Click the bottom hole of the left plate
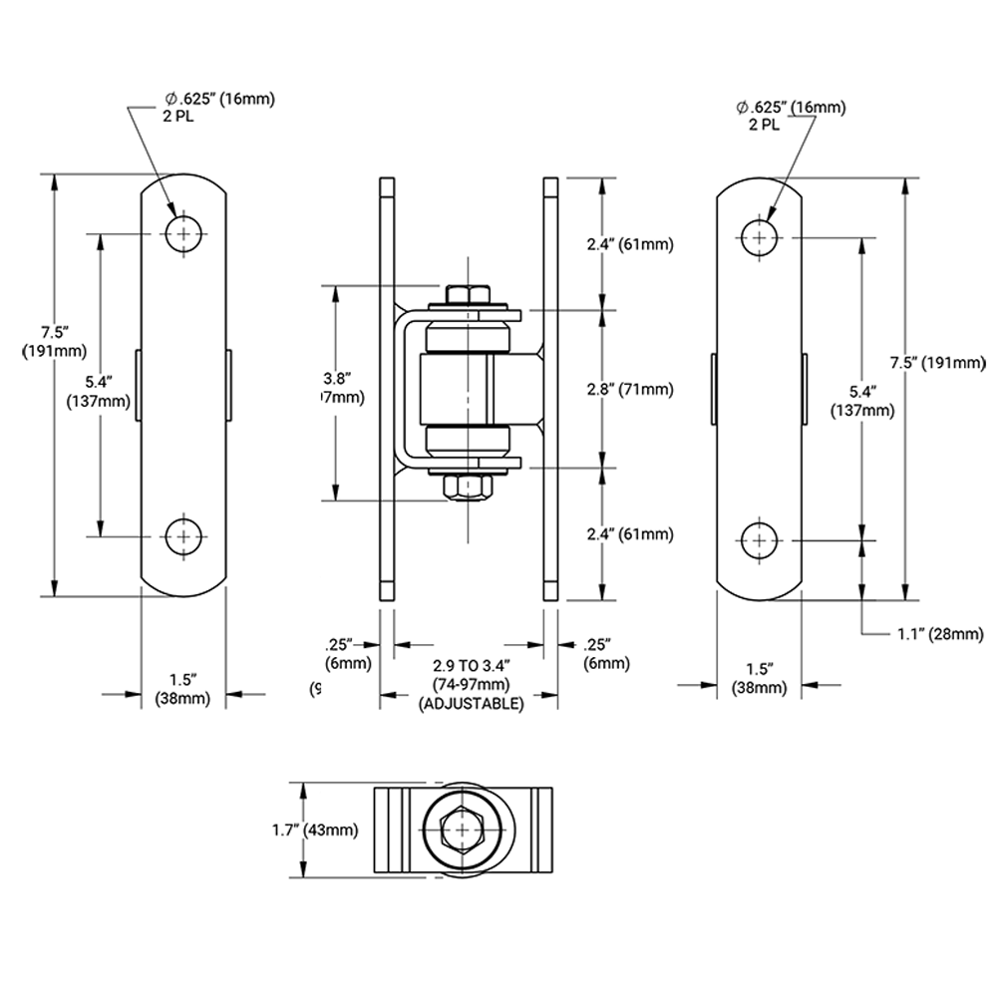tap(182, 536)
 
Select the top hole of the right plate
tap(760, 237)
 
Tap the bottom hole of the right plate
tap(760, 539)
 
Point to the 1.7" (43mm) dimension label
tap(314, 829)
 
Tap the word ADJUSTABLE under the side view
tap(472, 703)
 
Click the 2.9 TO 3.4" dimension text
tap(472, 665)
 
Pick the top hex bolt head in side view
tap(468, 295)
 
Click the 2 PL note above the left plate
tap(179, 115)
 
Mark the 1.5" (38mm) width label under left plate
tap(182, 689)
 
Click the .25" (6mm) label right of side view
tap(606, 653)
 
